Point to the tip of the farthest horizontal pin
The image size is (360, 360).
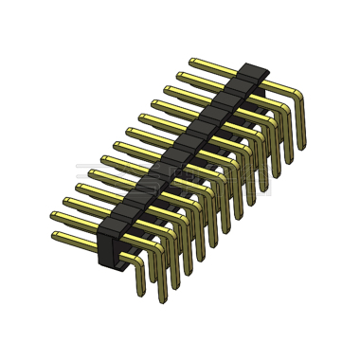click(192, 60)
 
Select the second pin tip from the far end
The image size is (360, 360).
click(179, 73)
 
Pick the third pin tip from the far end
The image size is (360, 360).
click(167, 88)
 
